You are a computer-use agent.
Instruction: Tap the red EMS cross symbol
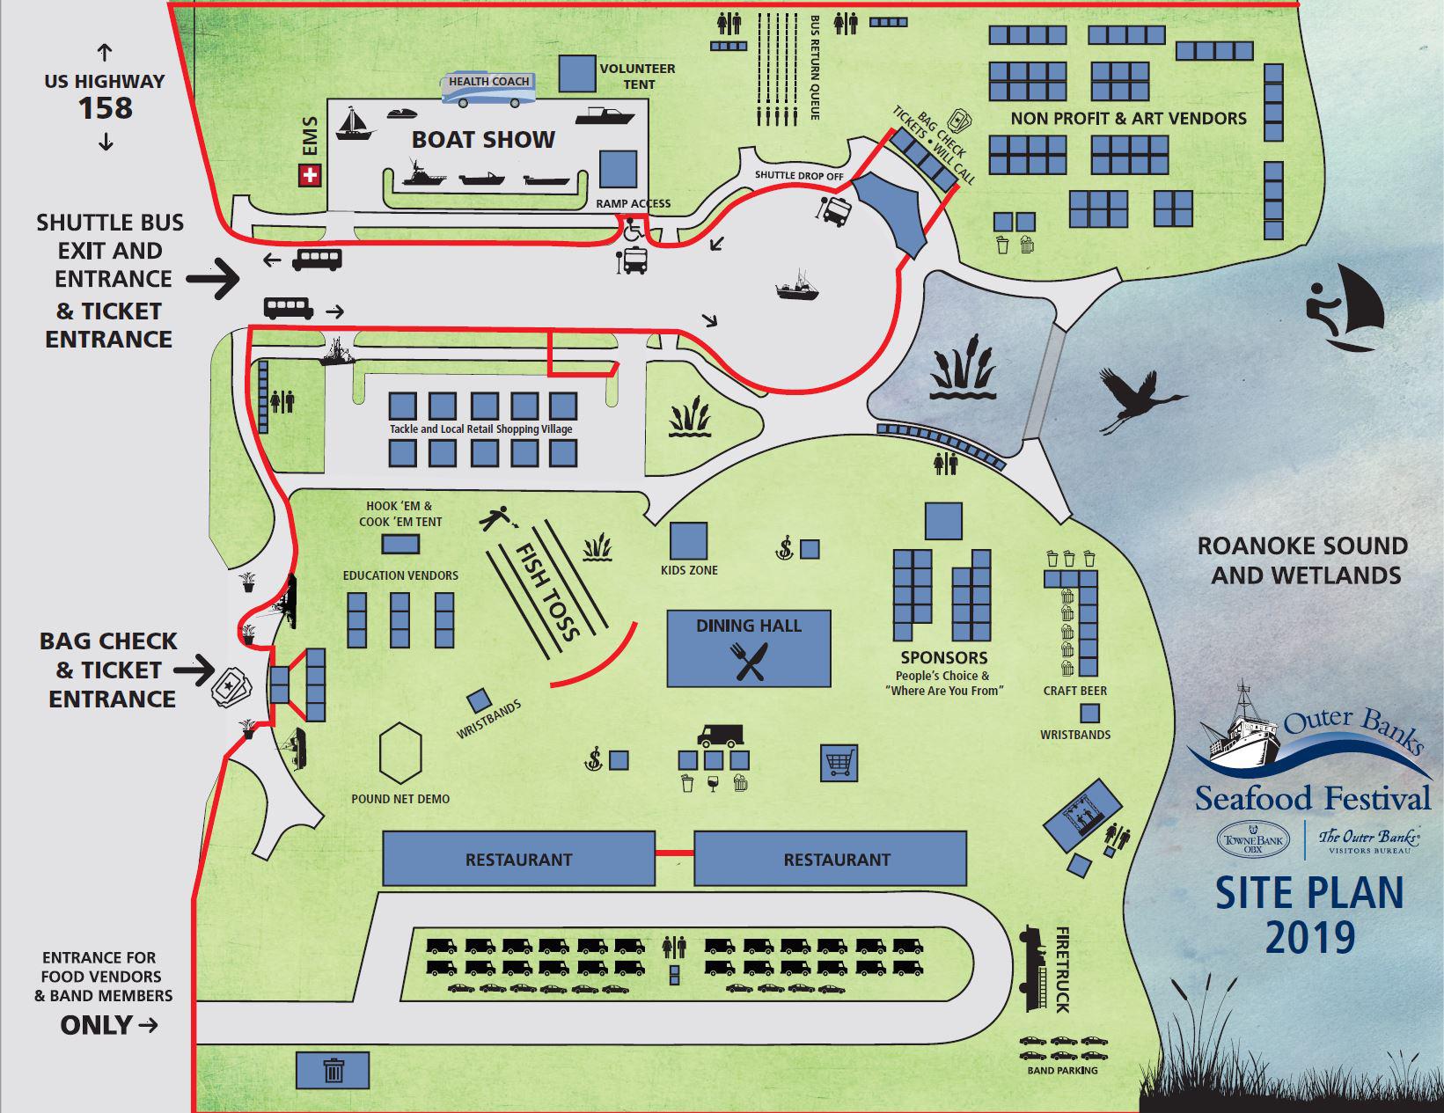309,177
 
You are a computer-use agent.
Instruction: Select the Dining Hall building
748,648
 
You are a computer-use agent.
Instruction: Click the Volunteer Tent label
638,76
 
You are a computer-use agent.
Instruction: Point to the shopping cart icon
839,763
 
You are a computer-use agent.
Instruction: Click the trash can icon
334,1071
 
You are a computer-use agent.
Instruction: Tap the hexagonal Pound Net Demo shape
401,753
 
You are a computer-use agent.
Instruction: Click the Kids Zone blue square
688,541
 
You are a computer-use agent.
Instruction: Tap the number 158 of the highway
106,108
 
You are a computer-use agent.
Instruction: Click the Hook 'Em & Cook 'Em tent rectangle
400,545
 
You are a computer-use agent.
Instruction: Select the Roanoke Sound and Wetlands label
1301,560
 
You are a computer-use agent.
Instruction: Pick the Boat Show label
483,139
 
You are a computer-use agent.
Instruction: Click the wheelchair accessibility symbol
632,231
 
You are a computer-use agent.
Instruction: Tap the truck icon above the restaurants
720,735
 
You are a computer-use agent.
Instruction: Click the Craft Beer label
1074,691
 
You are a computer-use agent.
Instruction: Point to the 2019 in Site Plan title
1309,937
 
